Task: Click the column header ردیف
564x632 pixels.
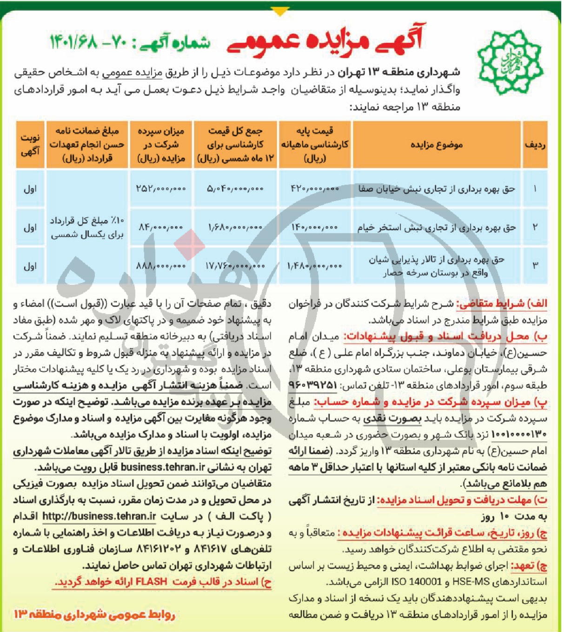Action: coord(535,145)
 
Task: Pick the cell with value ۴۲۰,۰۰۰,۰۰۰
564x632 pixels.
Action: coord(315,189)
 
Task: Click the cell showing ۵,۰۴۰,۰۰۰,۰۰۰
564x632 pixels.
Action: coord(235,189)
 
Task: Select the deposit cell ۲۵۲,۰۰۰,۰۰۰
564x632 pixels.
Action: coord(161,189)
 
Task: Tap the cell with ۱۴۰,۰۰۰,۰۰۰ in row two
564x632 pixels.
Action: coord(315,228)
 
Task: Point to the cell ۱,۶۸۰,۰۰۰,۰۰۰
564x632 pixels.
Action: coord(235,228)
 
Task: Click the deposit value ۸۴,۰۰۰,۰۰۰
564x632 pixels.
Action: coord(161,228)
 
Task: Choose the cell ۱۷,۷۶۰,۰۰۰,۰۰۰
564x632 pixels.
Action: coord(235,266)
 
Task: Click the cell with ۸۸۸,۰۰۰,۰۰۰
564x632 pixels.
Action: coord(161,266)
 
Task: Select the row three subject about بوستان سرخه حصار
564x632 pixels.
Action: coord(436,266)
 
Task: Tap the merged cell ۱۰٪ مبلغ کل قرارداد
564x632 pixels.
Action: coord(87,228)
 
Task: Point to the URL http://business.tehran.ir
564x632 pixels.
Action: coord(99,516)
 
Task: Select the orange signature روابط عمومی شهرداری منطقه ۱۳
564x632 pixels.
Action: coord(94,615)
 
